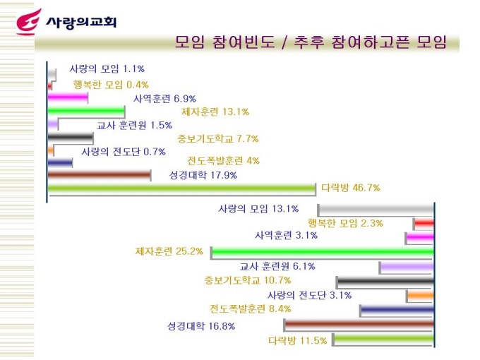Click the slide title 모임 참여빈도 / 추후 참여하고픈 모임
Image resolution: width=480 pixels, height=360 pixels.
(x=311, y=42)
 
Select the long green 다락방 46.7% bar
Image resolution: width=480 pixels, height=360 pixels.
(x=181, y=188)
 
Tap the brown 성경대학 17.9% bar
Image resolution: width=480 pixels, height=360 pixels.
(x=99, y=175)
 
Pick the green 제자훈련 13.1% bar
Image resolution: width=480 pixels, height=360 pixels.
(x=86, y=112)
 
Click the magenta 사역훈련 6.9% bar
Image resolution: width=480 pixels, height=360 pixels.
(x=68, y=98)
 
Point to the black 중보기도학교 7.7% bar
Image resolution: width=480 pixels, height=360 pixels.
(x=71, y=138)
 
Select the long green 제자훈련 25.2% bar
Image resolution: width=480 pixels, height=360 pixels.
(x=322, y=251)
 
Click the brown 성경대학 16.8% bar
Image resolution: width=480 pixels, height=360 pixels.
(x=359, y=325)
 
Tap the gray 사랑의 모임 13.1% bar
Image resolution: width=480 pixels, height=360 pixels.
(x=376, y=210)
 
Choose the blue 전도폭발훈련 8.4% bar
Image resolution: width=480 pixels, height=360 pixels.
(x=397, y=310)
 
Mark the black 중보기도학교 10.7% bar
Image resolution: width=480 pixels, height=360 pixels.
(x=385, y=282)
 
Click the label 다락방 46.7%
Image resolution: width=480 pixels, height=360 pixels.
(x=351, y=188)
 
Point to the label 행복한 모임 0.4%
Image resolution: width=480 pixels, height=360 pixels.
(x=111, y=85)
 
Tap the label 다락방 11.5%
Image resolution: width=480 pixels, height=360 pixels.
(x=297, y=340)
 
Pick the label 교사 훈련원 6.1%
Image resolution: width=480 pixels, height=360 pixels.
(x=277, y=266)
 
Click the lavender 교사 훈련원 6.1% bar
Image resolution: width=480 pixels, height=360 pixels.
(x=407, y=267)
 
